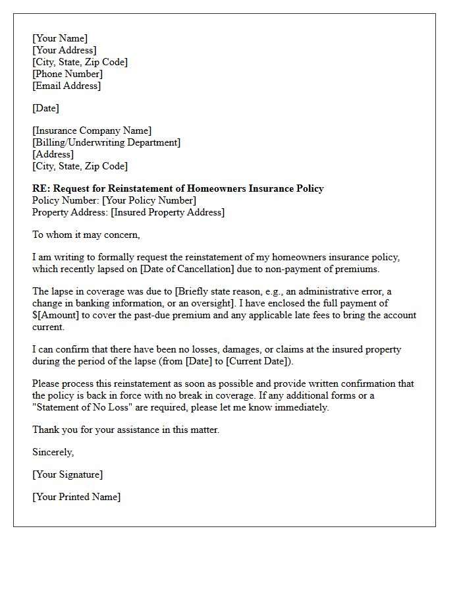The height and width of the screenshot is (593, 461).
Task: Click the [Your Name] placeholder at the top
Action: [x=60, y=38]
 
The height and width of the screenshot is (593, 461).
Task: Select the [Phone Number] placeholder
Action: [x=67, y=74]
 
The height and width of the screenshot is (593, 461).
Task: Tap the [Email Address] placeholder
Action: [x=67, y=86]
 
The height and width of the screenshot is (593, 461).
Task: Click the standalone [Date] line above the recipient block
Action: [x=45, y=108]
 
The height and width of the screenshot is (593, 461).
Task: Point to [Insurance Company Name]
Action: [x=92, y=130]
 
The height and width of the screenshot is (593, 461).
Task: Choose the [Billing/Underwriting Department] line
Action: [x=106, y=142]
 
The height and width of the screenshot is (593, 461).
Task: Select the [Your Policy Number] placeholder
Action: [x=149, y=200]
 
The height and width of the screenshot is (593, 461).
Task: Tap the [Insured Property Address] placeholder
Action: [x=167, y=212]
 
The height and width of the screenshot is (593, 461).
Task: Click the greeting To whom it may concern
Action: [x=86, y=235]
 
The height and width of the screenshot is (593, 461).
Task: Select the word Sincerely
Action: [x=53, y=452]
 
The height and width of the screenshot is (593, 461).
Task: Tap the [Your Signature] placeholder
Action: [x=67, y=474]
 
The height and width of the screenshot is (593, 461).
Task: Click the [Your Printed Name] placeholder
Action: [x=76, y=497]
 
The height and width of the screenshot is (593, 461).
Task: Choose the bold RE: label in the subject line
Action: [x=41, y=188]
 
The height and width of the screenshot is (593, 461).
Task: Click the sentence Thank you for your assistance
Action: [x=126, y=430]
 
